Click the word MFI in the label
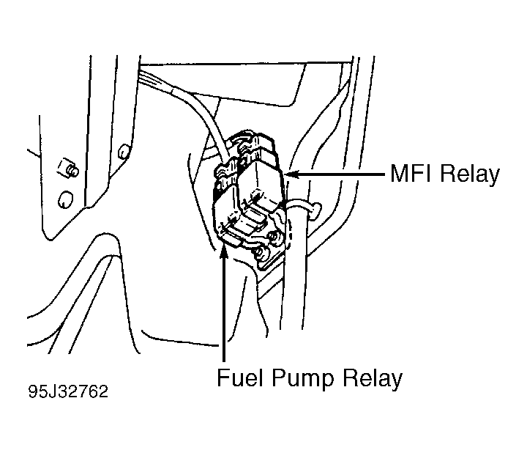pyautogui.click(x=413, y=174)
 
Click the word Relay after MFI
pyautogui.click(x=470, y=175)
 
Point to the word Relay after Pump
pyautogui.click(x=373, y=379)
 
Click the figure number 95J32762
pyautogui.click(x=68, y=391)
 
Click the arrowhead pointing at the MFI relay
pyautogui.click(x=291, y=174)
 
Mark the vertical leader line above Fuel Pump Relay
pyautogui.click(x=224, y=302)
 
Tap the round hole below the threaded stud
pyautogui.click(x=66, y=199)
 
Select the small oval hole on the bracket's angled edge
pyautogui.click(x=124, y=152)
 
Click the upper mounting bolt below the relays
pyautogui.click(x=276, y=235)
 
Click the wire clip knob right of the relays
pyautogui.click(x=315, y=210)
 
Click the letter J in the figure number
pyautogui.click(x=52, y=391)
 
